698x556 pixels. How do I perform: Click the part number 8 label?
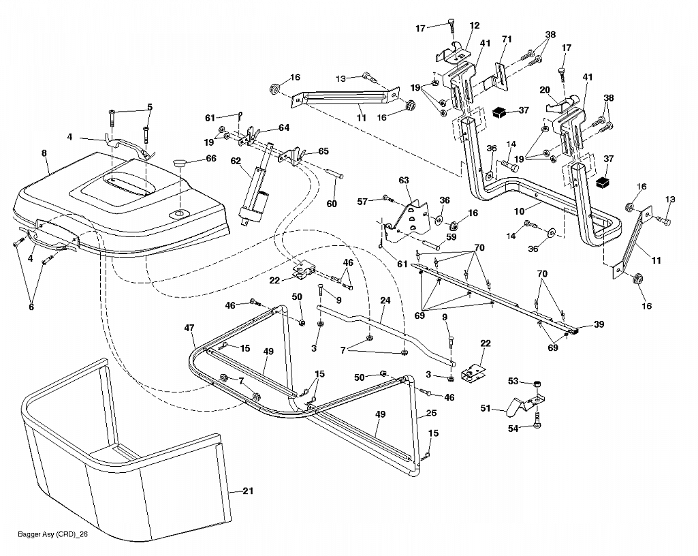tap(44, 153)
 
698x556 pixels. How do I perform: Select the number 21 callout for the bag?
tap(248, 491)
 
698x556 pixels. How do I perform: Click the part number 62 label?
tap(236, 160)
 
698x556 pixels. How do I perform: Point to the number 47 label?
tap(189, 328)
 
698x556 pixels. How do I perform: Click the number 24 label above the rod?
tap(385, 300)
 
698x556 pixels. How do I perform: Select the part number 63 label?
tap(404, 181)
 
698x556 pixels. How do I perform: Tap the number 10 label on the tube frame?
tap(520, 211)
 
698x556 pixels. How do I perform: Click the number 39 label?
tap(599, 324)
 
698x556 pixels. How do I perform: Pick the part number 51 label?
tap(486, 408)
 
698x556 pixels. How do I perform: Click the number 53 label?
tap(513, 381)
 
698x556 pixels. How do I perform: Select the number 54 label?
tap(513, 429)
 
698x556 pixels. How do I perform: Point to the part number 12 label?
tap(475, 25)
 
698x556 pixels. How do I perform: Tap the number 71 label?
tap(507, 40)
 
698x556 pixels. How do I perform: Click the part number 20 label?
tap(545, 90)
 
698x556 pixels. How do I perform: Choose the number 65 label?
tap(323, 151)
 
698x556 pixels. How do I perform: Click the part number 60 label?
tap(332, 204)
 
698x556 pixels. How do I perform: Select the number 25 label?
tap(431, 413)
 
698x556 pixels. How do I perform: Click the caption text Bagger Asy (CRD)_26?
tap(53, 534)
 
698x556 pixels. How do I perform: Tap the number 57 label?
tap(362, 202)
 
